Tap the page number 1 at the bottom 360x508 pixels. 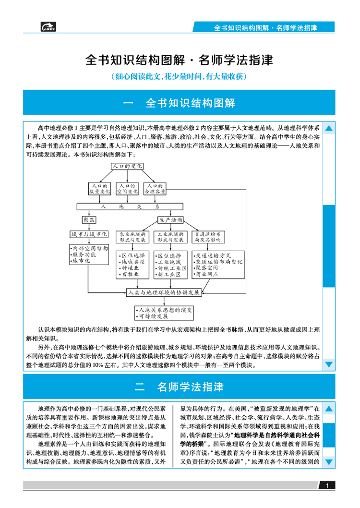327,486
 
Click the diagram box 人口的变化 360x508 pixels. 127,166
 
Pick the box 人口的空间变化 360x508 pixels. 127,188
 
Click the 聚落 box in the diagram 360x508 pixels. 89,220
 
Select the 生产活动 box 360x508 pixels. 170,220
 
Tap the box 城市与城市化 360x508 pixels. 89,234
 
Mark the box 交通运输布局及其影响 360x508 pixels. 208,237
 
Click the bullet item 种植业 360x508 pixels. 130,268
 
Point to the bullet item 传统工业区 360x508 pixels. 171,268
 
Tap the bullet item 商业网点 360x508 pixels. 207,274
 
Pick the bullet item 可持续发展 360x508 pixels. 153,316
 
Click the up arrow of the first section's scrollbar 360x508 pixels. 329,129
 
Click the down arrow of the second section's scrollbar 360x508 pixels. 329,462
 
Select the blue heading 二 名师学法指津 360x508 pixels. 179,387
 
